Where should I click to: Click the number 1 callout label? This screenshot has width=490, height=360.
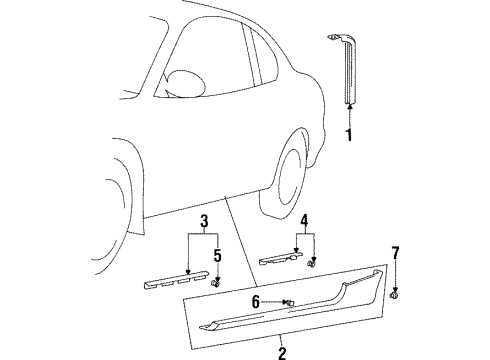click(x=348, y=136)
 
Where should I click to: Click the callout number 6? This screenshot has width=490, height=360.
click(x=256, y=301)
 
